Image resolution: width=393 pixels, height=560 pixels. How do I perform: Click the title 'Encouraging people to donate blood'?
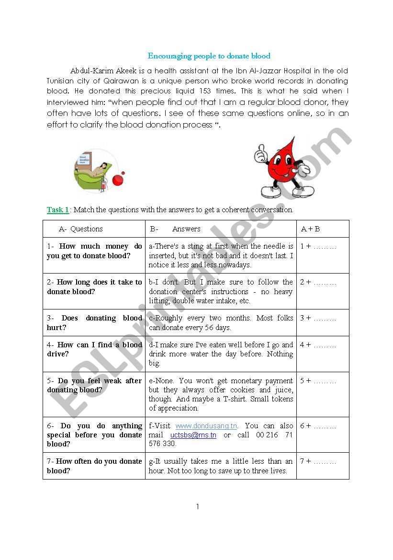click(x=209, y=56)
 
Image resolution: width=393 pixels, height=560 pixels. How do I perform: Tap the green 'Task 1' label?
click(x=58, y=210)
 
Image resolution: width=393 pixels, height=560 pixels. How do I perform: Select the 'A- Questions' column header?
click(x=81, y=229)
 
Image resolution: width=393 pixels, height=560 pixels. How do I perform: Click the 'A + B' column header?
click(x=310, y=229)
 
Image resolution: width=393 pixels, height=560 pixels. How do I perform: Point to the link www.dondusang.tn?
click(x=206, y=426)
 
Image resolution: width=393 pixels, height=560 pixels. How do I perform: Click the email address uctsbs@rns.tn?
click(x=193, y=435)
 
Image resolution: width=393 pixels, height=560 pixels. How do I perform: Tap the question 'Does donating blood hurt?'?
click(x=94, y=323)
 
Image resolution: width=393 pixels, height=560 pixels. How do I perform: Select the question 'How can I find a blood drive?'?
click(x=94, y=349)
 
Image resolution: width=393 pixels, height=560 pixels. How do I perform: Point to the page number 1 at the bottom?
click(x=197, y=507)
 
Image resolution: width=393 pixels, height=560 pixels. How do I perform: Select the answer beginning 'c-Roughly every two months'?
click(x=221, y=323)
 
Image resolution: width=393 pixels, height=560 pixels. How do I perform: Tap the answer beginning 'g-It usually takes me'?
click(x=221, y=466)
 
